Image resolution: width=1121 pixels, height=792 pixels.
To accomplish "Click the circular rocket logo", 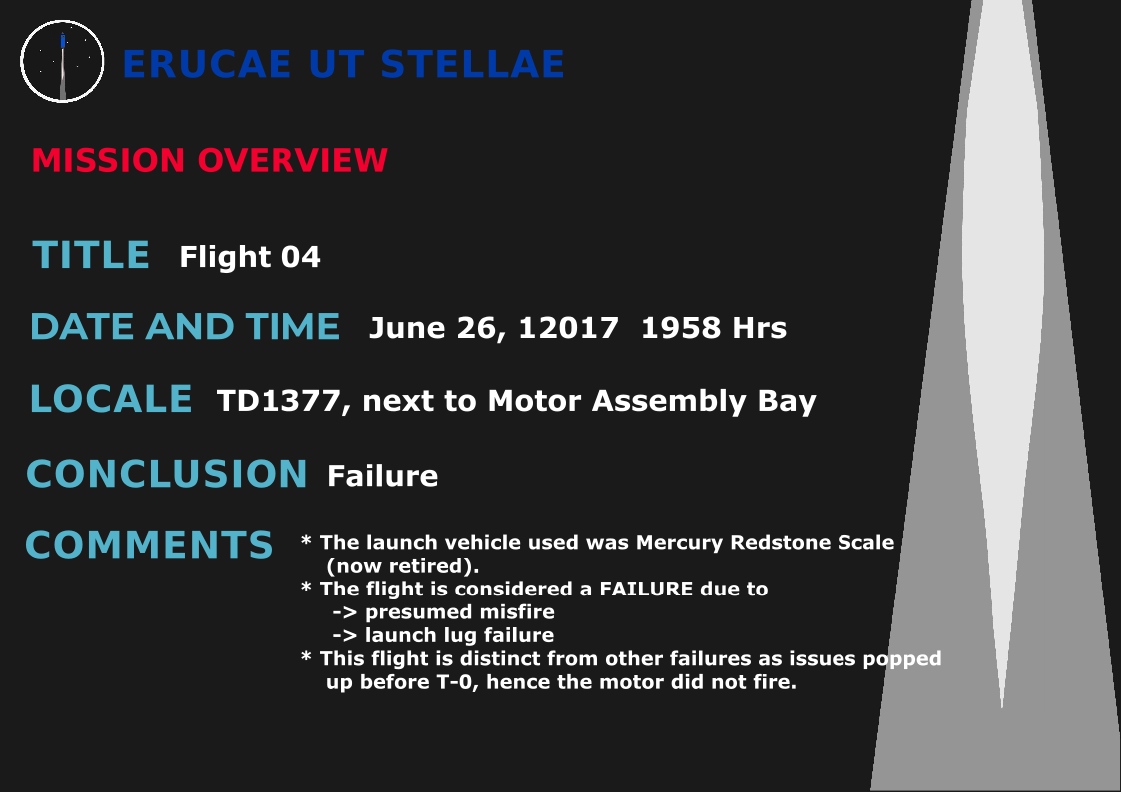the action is point(62,62).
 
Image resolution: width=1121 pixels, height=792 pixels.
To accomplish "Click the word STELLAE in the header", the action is point(472,64).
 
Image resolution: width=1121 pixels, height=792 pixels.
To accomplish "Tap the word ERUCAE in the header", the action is point(208,64).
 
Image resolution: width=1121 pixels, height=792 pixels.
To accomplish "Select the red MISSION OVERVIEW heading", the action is point(210,160).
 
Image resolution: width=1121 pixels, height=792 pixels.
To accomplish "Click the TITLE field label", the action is point(91,255).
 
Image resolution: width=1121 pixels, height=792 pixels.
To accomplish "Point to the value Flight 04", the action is point(250,257).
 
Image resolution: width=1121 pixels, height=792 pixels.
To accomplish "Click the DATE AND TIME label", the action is point(185,327).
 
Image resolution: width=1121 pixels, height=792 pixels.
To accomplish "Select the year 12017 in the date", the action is point(568,328).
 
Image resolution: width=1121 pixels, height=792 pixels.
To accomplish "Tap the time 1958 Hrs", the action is point(714,328).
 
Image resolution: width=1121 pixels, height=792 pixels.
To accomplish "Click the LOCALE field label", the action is point(111,399).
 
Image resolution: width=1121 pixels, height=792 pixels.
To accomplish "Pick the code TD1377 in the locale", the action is point(279,401).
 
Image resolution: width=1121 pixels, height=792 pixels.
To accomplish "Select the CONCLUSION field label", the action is point(168,474).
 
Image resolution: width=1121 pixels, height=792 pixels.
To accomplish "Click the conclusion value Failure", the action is point(382,476).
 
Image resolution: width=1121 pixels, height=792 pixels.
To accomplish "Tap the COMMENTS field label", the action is point(150,545).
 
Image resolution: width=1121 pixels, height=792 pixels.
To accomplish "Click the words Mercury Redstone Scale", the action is point(765,542).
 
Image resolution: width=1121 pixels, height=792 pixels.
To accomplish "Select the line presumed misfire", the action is point(443,612).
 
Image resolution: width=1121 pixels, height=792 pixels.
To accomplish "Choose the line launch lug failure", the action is point(443,635).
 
